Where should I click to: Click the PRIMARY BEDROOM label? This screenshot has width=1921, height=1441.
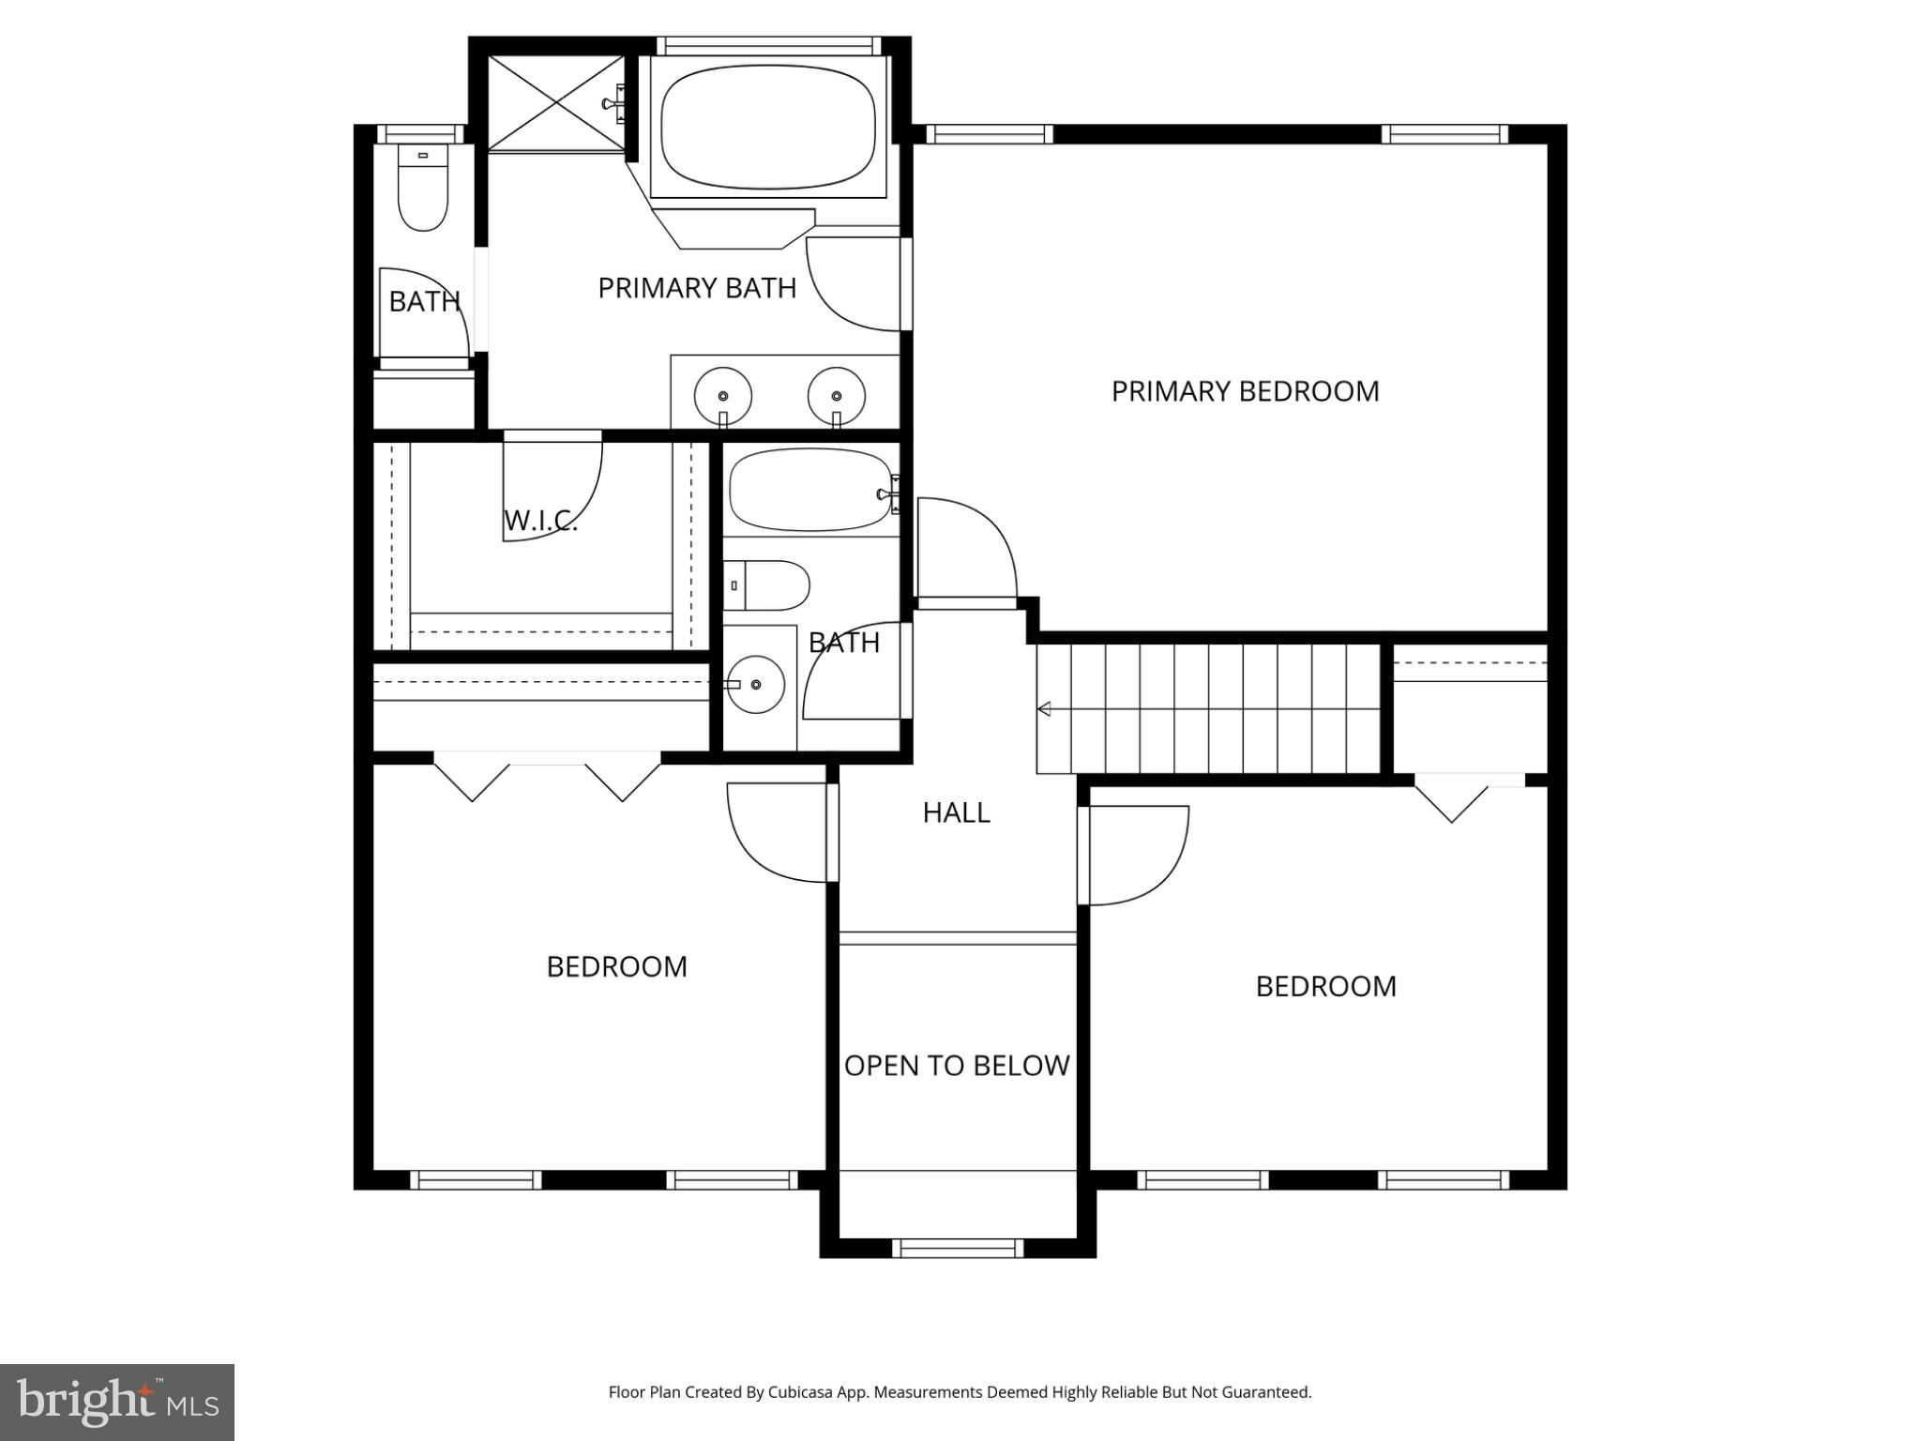pyautogui.click(x=1245, y=391)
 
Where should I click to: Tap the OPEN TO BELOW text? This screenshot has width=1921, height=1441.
pyautogui.click(x=957, y=1066)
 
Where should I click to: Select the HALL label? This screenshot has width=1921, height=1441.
pyautogui.click(x=956, y=812)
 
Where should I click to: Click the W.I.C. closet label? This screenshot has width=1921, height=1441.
pyautogui.click(x=540, y=521)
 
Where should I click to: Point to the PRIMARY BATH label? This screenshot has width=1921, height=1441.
pyautogui.click(x=697, y=288)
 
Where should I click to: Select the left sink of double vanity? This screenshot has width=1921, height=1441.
pyautogui.click(x=722, y=396)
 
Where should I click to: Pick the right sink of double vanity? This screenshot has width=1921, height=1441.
pyautogui.click(x=836, y=396)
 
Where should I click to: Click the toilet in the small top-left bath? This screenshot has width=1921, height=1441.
pyautogui.click(x=422, y=188)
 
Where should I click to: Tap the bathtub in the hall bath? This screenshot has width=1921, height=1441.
pyautogui.click(x=809, y=490)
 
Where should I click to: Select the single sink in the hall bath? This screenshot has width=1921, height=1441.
pyautogui.click(x=756, y=685)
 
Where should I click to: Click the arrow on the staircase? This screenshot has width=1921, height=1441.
pyautogui.click(x=1043, y=709)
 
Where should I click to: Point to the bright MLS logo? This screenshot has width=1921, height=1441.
pyautogui.click(x=117, y=1403)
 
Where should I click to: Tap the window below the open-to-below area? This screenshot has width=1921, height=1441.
pyautogui.click(x=957, y=1248)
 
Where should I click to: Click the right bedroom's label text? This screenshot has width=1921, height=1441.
pyautogui.click(x=1325, y=987)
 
